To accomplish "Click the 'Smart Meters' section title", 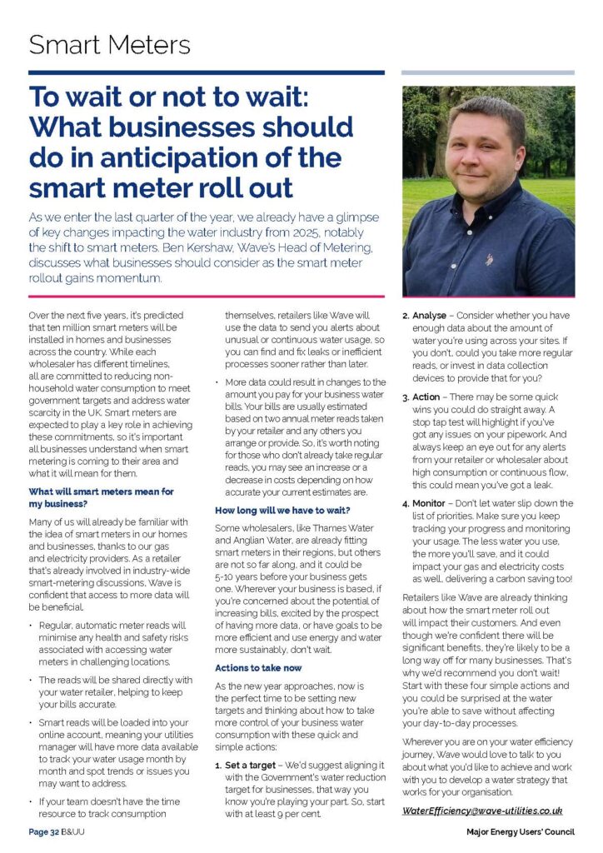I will click(109, 44).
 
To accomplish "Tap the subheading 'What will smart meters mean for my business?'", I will click(101, 497).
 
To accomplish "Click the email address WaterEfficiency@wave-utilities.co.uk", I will click(482, 810).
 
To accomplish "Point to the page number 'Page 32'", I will click(43, 831).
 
